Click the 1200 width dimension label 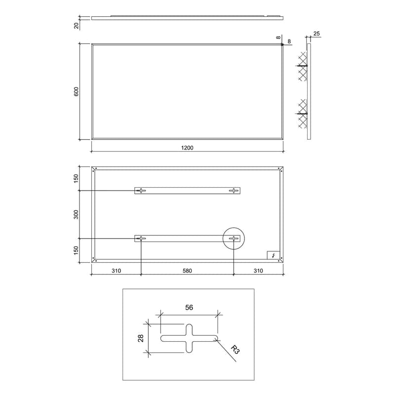point(187,148)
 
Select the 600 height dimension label point(76,91)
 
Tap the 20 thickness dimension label point(77,25)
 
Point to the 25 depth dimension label point(316,34)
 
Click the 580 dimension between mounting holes point(187,271)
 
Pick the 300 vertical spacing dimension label point(76,214)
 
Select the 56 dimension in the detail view point(189,308)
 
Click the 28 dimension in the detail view point(141,338)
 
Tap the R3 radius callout point(235,350)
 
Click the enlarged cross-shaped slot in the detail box point(189,338)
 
